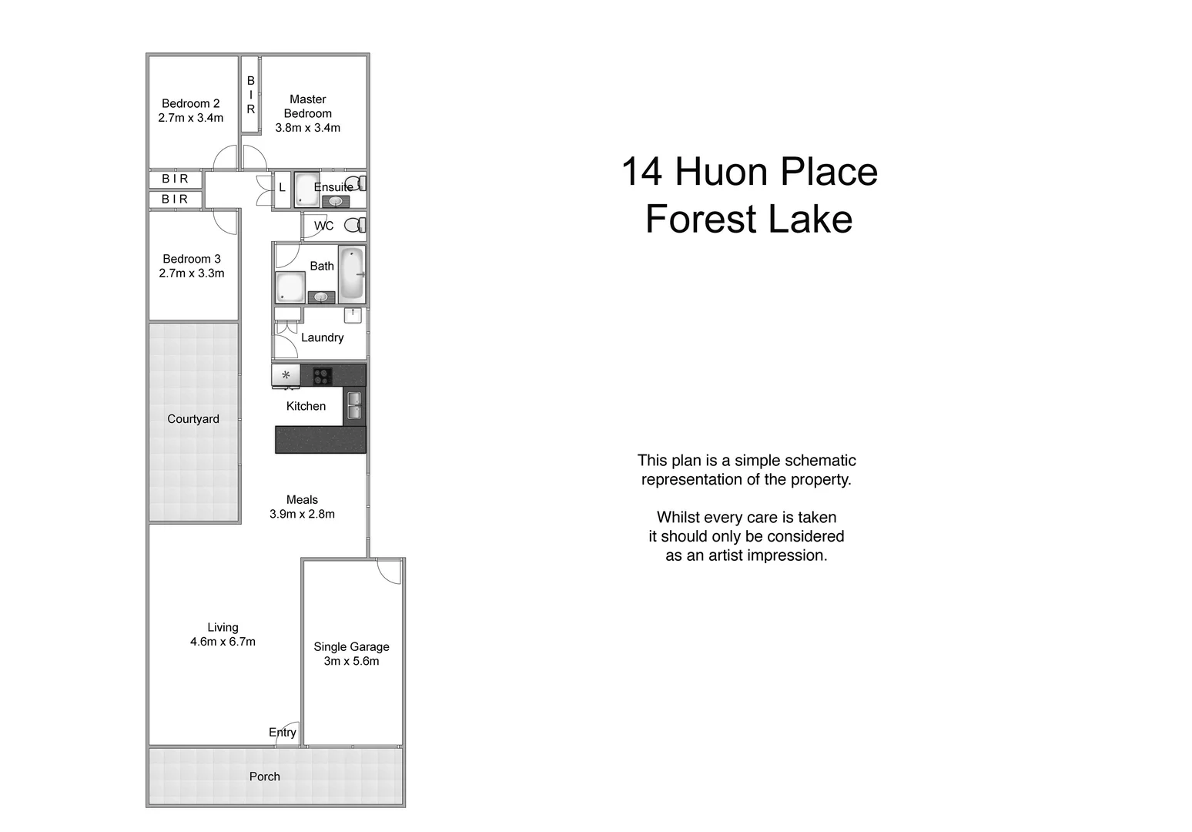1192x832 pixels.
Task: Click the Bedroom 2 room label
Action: pos(190,103)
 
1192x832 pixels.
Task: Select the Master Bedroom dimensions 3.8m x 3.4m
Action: pos(307,128)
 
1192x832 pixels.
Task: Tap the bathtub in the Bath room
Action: pos(352,273)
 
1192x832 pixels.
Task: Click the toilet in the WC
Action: pos(353,226)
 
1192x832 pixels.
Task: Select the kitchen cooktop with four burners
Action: pos(322,376)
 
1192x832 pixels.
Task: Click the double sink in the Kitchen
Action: pos(354,405)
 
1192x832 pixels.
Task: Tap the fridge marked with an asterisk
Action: pos(286,375)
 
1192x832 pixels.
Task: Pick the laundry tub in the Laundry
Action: pos(353,314)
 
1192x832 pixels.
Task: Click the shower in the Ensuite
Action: pos(306,189)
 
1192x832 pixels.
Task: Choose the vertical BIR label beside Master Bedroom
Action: pos(250,95)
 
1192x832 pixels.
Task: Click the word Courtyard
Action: pos(193,419)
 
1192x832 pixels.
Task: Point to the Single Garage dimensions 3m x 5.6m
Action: pos(351,661)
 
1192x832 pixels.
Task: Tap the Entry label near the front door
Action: pos(282,733)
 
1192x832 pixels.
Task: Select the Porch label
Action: pos(264,777)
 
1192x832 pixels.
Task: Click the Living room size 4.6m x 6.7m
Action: pos(223,642)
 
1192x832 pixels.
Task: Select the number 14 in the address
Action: pos(641,172)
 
